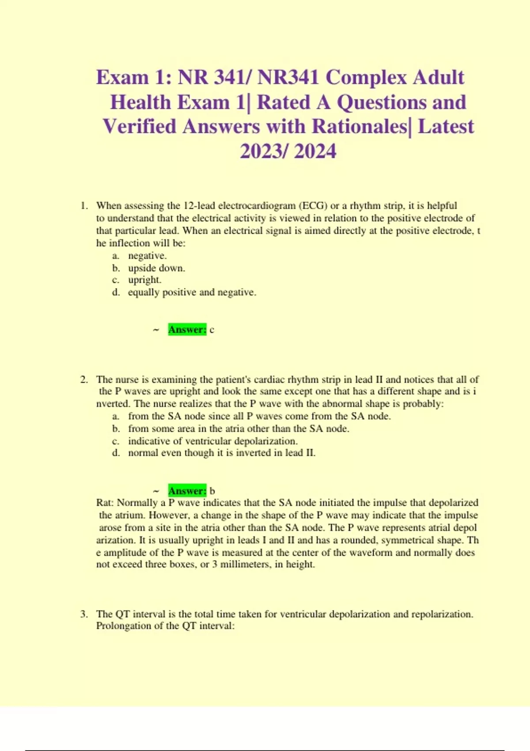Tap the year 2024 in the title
[315, 151]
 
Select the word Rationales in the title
[359, 127]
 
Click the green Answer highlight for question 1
[187, 330]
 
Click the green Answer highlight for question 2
[187, 491]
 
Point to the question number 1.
[84, 205]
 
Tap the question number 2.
[84, 379]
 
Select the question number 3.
[84, 614]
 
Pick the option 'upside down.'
[156, 268]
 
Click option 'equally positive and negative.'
[192, 292]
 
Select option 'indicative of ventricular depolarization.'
[212, 441]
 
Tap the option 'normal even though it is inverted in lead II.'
[222, 453]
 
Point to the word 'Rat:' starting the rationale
[105, 503]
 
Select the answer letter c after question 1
[212, 330]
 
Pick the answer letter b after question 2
[212, 491]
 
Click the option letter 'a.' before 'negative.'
[116, 256]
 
